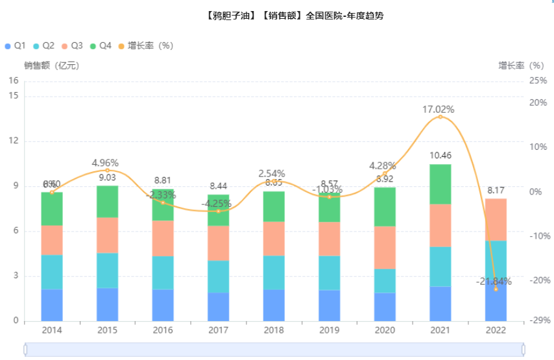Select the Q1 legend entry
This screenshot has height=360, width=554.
click(15, 45)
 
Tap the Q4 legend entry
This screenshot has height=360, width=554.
click(101, 45)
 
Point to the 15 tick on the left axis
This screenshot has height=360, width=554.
click(14, 96)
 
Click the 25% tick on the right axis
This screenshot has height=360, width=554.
click(538, 80)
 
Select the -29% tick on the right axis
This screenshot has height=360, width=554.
click(537, 321)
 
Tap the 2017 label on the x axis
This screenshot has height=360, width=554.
click(218, 330)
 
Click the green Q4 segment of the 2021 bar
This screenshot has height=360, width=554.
click(440, 184)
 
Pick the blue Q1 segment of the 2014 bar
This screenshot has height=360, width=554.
click(52, 305)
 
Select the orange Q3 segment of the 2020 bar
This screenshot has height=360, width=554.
click(385, 247)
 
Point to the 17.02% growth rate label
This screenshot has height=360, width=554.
click(439, 110)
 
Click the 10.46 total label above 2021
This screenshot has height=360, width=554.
click(440, 155)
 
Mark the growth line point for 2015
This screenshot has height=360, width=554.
click(108, 171)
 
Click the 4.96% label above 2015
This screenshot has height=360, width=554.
click(105, 163)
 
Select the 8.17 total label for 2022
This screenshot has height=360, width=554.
click(496, 190)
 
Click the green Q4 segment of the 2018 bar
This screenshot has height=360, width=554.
click(274, 206)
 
